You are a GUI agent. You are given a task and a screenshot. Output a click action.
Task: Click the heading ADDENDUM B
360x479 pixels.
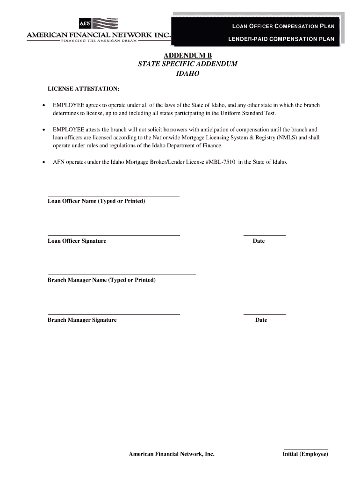point(187,56)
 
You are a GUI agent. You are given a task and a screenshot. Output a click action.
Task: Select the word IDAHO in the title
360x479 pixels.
point(187,73)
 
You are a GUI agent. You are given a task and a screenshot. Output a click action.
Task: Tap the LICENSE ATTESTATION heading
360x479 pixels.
point(83,88)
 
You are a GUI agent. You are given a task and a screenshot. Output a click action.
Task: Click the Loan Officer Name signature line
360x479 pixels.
point(114,196)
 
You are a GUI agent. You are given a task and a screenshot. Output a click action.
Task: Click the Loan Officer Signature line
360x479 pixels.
point(114,235)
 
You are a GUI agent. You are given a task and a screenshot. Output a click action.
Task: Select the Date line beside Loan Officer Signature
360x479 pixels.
point(264,235)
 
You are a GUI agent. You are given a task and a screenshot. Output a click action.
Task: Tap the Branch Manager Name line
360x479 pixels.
point(122,274)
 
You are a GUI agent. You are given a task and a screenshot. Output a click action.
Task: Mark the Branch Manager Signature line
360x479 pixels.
point(114,314)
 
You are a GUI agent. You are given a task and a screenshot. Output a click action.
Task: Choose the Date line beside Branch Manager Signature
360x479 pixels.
point(264,314)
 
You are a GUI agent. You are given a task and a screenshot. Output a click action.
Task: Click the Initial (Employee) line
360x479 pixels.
point(306,449)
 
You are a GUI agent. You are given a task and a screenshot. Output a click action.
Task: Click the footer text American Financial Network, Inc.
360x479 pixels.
point(172,454)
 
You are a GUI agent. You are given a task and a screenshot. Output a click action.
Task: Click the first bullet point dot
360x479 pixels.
point(44,105)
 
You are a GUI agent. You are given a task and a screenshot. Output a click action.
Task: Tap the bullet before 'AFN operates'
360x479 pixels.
point(44,162)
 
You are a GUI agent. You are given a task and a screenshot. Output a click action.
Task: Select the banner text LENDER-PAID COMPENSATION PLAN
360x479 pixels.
point(281,39)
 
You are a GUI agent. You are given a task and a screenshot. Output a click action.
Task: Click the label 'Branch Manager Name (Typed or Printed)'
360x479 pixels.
point(101,280)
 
